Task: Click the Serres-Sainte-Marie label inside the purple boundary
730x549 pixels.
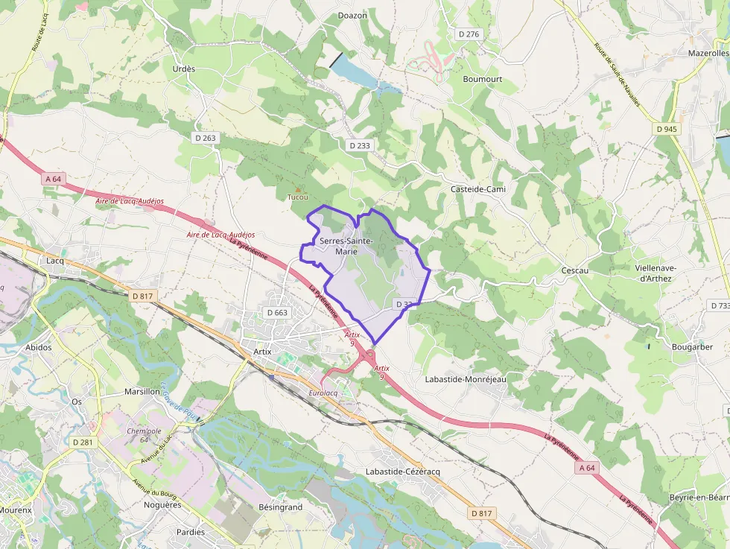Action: pos(346,247)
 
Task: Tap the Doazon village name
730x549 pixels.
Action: pos(352,15)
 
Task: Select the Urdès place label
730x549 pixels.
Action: pos(183,69)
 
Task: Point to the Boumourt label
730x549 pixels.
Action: pos(483,79)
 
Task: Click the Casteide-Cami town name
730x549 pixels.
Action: pos(478,189)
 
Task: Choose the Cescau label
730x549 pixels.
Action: pos(575,270)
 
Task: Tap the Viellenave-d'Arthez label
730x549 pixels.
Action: pos(656,273)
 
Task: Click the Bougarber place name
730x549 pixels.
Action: pos(692,347)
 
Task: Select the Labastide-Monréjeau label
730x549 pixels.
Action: pos(465,379)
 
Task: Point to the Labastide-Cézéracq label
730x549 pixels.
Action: pos(403,472)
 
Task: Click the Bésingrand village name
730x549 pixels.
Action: pos(280,507)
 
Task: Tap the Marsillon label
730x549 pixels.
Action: pos(142,391)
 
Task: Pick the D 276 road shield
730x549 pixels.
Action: pos(469,34)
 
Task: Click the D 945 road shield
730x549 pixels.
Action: pos(667,129)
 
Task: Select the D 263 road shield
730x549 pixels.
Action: pos(205,138)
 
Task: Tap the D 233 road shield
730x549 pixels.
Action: pos(359,145)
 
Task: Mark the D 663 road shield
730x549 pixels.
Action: pos(276,313)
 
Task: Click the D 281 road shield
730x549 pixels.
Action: pos(83,442)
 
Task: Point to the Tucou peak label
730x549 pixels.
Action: pos(297,197)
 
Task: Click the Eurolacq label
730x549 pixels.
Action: pos(323,393)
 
